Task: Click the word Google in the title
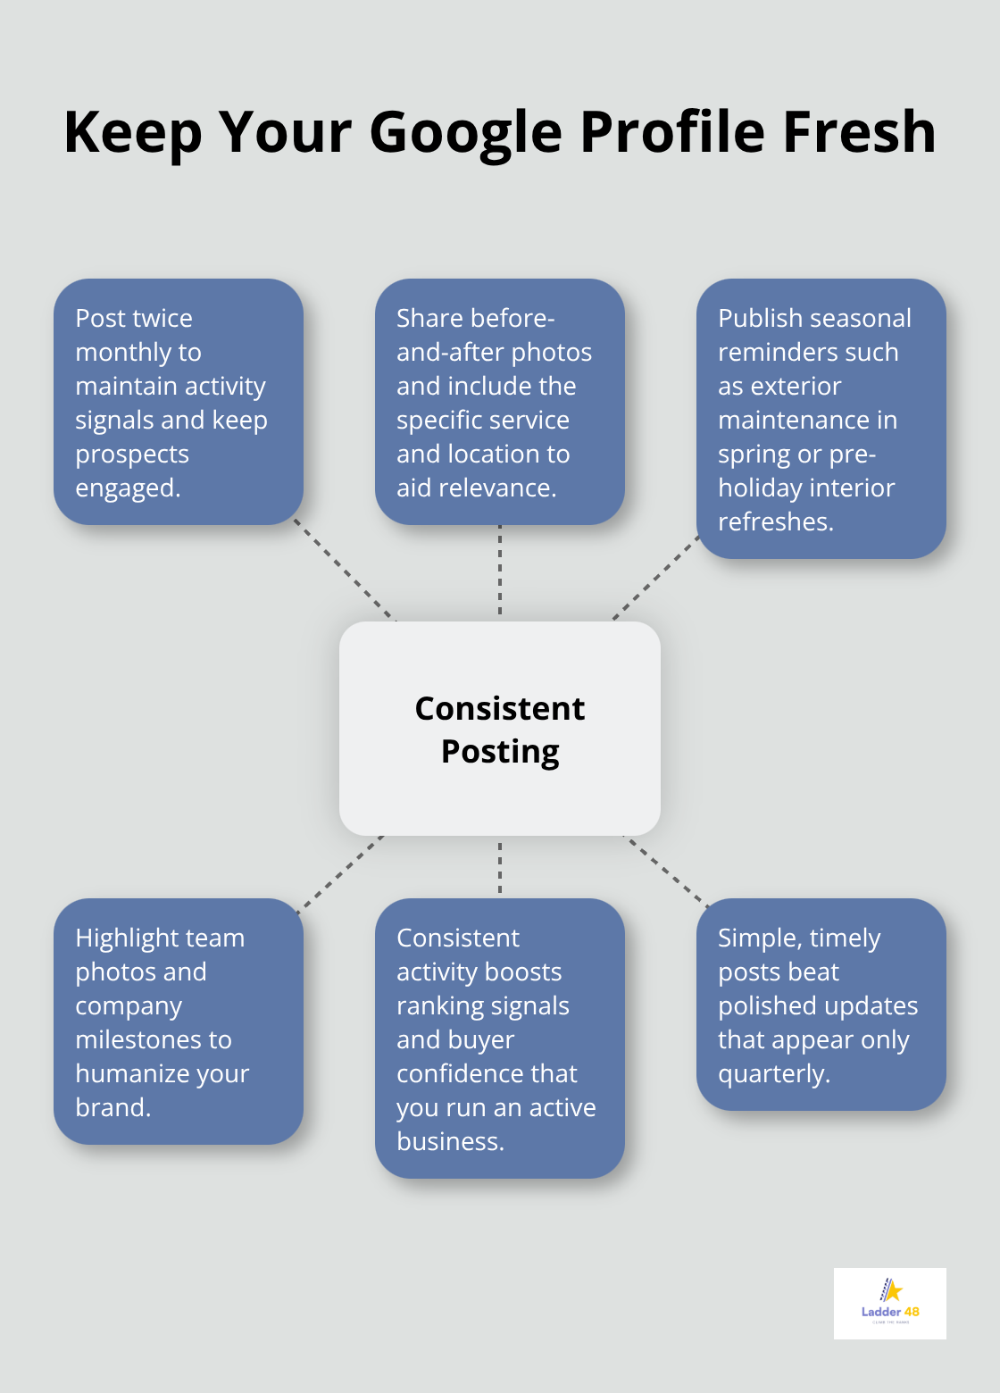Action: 465,132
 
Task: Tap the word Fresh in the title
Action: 859,132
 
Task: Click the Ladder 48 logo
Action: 889,1303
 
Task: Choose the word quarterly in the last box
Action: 772,1074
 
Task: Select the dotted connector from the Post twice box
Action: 345,571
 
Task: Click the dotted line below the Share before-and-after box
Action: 500,571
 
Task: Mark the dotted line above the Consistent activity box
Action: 500,866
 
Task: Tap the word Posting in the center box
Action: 500,752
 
